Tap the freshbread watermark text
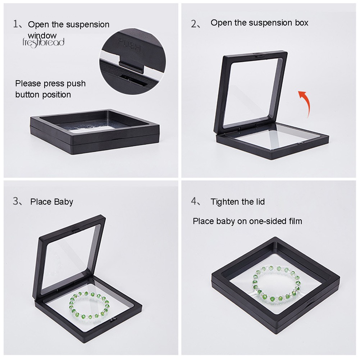coord(43,42)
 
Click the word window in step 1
coord(42,35)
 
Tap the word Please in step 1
coord(28,83)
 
